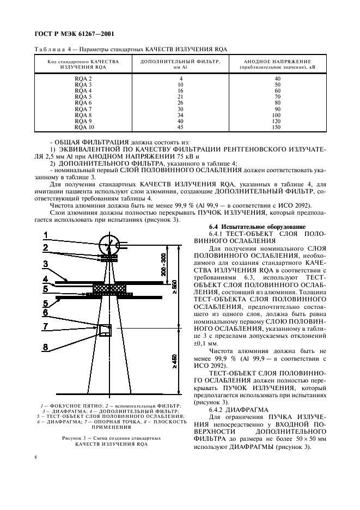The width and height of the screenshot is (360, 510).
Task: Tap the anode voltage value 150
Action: pos(277,128)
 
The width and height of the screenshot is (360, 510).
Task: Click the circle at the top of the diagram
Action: pos(111,242)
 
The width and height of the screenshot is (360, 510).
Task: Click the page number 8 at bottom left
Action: pos(35,458)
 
